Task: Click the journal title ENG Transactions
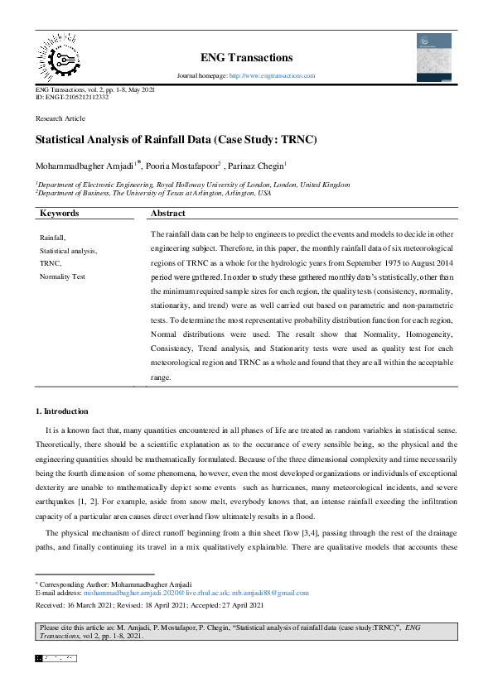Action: [x=246, y=57]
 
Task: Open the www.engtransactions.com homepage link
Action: [x=272, y=75]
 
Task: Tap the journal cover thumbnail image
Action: [x=433, y=56]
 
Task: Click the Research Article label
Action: [x=60, y=119]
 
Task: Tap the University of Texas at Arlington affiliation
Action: [x=153, y=193]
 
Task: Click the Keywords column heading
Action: [x=60, y=213]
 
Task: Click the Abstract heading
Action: [x=169, y=213]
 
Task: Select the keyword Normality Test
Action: [x=62, y=276]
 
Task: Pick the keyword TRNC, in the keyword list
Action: [x=51, y=262]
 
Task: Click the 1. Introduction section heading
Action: [x=61, y=411]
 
